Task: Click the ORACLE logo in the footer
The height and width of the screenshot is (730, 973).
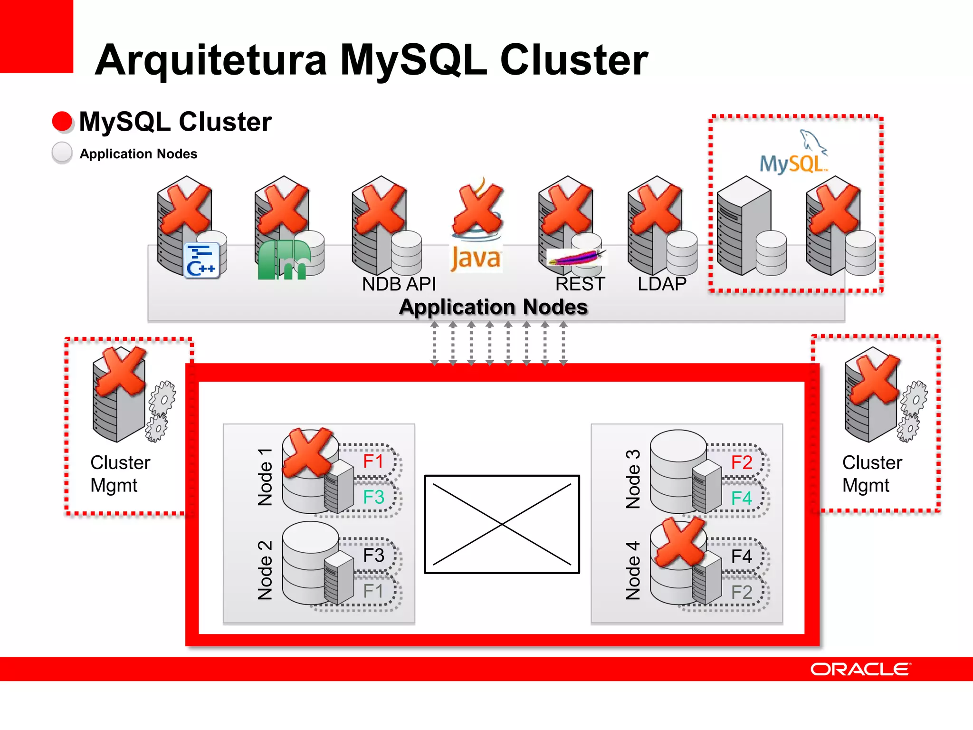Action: (x=860, y=669)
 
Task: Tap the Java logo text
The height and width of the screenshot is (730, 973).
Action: (x=476, y=259)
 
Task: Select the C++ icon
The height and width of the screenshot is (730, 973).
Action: (x=201, y=260)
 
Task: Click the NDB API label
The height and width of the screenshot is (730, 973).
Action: (x=399, y=284)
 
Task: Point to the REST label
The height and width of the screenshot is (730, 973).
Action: (x=580, y=284)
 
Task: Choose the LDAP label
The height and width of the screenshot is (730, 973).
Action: (x=662, y=284)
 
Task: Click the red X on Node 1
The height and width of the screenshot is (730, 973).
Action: (x=308, y=452)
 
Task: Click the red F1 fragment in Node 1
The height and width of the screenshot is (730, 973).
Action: (x=373, y=461)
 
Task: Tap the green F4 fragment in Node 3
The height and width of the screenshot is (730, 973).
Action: (x=742, y=499)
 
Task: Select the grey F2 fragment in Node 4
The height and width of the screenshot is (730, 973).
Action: (x=742, y=593)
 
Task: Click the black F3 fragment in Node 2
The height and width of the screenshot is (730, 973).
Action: (x=373, y=556)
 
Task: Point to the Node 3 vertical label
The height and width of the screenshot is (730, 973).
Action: (x=633, y=479)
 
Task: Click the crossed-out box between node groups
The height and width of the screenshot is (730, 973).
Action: (x=502, y=524)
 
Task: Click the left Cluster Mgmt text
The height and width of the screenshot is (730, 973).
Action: (x=120, y=474)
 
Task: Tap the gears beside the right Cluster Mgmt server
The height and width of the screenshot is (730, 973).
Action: (x=912, y=411)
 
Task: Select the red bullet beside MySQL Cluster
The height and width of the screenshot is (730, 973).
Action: (x=62, y=121)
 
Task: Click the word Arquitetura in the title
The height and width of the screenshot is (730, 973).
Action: (x=211, y=60)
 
